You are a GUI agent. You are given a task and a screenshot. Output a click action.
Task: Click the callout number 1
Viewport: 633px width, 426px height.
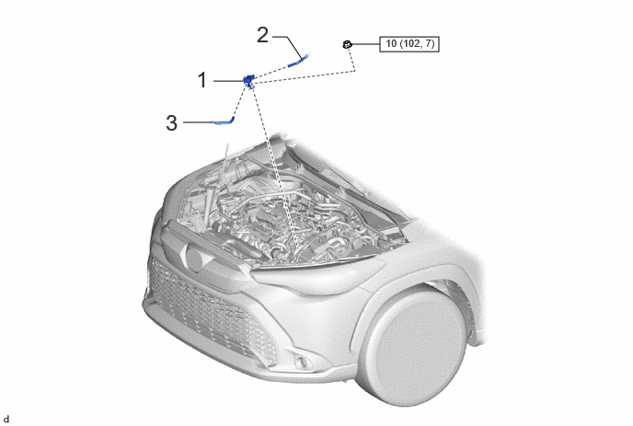pos(202,80)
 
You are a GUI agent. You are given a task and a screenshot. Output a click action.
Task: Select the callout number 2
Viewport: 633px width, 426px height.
pos(262,35)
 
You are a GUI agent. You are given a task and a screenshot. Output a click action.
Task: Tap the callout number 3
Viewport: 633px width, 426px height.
pos(171,122)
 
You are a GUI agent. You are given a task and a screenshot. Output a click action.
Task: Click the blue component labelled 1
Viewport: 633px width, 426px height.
pos(248,80)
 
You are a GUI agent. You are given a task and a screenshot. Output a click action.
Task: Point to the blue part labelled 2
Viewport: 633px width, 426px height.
pos(299,61)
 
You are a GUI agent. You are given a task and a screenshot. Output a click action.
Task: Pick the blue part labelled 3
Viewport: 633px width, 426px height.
pos(224,121)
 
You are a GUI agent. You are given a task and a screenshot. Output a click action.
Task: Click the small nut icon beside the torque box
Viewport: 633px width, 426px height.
pos(347,44)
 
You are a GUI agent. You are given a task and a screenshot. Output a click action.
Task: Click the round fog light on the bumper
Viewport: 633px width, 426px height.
pos(299,362)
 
